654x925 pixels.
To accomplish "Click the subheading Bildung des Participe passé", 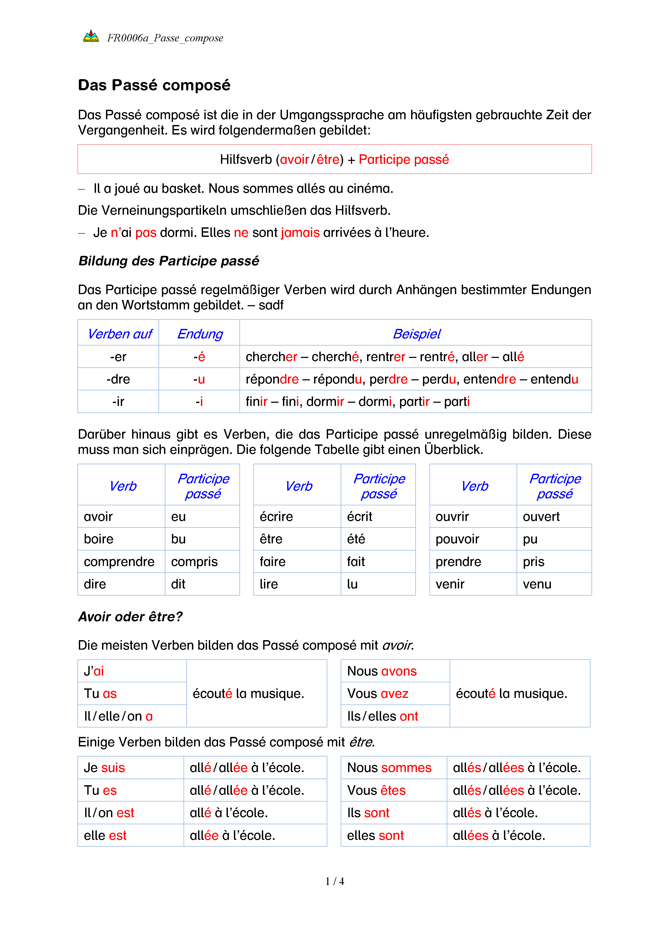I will click(169, 261).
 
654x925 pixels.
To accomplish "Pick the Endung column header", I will click(200, 334).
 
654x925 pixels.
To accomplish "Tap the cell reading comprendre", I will click(119, 562).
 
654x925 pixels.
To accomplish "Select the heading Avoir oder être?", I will click(131, 617).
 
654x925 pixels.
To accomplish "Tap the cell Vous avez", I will click(378, 694).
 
